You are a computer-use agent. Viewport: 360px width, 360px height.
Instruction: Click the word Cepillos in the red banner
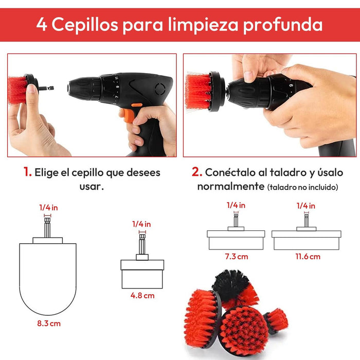(85, 24)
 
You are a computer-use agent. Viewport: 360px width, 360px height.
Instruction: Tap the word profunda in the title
(283, 25)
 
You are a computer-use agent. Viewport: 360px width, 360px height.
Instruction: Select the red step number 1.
(28, 172)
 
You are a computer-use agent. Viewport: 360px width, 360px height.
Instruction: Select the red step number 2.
(197, 172)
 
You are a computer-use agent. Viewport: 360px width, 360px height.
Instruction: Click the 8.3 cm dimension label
(49, 323)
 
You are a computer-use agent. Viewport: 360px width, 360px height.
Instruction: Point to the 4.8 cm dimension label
(142, 296)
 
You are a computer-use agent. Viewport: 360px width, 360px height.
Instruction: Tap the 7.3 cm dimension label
(237, 257)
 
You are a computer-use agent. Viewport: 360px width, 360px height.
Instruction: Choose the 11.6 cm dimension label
(308, 257)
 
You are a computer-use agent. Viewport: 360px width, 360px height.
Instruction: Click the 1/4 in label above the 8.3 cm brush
(48, 208)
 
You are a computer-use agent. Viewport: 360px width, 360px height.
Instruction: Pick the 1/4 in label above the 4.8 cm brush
(141, 224)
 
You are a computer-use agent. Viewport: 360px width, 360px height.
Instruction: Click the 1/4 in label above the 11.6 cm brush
(306, 206)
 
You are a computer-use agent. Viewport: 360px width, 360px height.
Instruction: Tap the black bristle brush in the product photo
(231, 285)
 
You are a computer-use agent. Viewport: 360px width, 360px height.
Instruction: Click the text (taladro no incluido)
(302, 187)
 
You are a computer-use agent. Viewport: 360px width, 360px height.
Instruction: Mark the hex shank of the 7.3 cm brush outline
(236, 221)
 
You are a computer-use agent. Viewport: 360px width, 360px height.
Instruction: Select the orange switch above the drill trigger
(137, 105)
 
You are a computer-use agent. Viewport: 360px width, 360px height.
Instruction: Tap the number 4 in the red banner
(42, 24)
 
